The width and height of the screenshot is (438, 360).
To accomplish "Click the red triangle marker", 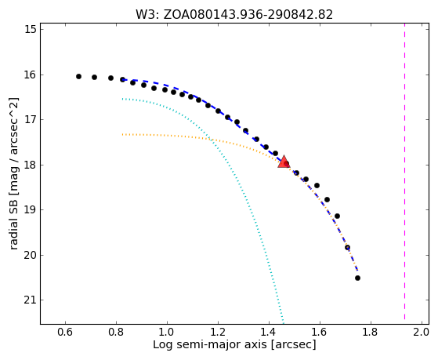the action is click(284, 162).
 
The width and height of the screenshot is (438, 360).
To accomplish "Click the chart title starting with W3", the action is click(234, 15).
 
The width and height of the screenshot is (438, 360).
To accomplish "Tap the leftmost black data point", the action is click(79, 76).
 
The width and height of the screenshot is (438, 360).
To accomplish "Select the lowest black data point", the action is click(357, 278).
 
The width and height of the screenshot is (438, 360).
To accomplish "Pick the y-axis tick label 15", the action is click(31, 29).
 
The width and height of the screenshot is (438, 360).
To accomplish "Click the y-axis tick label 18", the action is click(31, 165).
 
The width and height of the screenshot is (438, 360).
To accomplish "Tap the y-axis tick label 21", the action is click(31, 300).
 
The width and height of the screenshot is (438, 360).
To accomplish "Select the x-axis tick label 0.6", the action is click(65, 332).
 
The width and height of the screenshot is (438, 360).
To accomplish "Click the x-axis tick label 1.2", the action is click(218, 332).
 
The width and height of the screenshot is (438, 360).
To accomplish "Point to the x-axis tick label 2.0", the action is click(421, 332).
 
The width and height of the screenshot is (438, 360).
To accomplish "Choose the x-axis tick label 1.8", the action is click(371, 332).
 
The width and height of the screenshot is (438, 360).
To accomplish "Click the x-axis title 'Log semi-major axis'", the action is click(209, 345).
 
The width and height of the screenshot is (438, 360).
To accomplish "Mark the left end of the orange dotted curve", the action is click(122, 135).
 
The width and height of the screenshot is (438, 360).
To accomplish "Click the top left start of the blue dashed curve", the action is click(123, 80).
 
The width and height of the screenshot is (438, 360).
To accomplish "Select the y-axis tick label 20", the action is click(31, 255).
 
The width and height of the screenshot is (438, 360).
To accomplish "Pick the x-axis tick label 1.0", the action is click(167, 332).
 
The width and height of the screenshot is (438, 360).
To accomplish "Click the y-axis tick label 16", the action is click(31, 75).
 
